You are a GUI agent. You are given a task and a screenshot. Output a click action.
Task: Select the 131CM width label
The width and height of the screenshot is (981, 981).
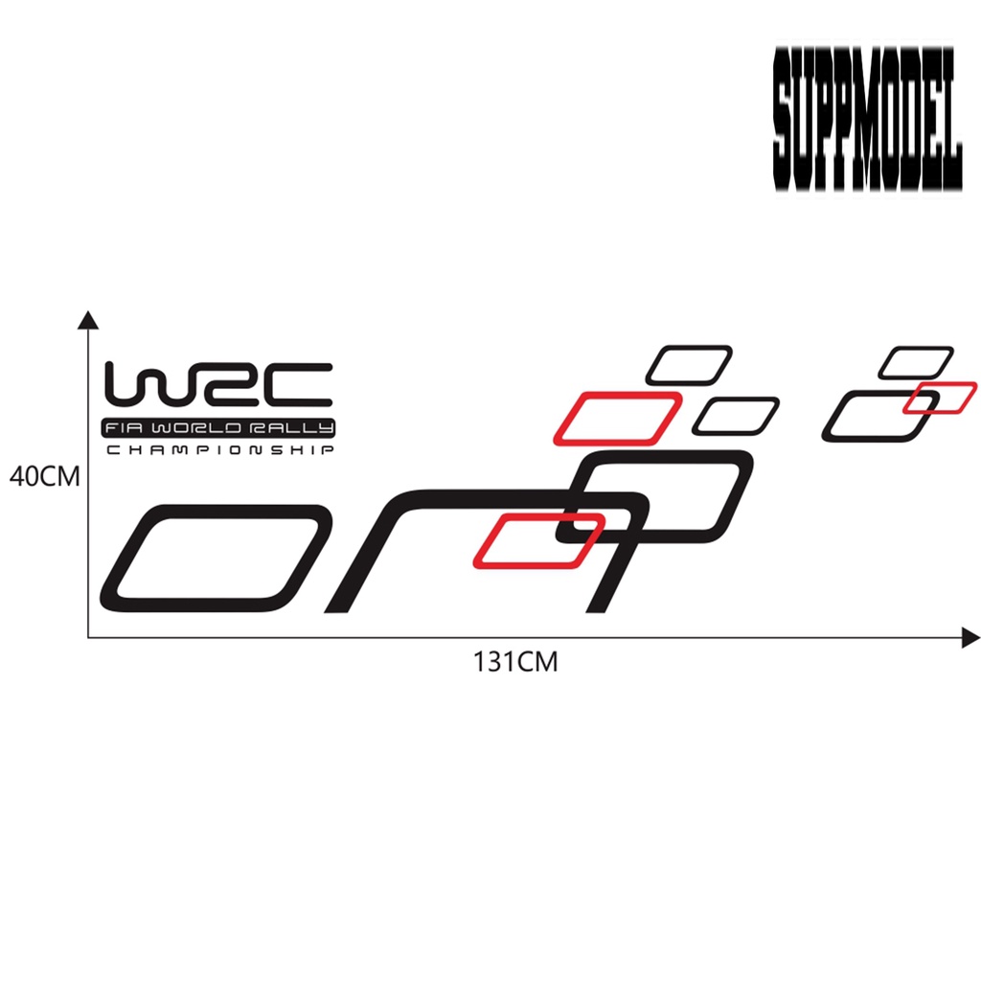[x=514, y=662]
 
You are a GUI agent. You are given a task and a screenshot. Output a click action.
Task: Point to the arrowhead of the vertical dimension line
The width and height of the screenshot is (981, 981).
[x=88, y=320]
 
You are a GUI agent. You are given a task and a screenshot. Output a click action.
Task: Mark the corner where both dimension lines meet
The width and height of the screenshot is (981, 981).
[x=88, y=638]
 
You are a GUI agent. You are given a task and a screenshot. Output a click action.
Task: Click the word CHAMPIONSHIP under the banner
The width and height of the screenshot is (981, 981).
[x=219, y=450]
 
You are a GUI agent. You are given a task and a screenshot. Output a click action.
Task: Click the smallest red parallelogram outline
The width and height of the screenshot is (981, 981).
[x=941, y=398]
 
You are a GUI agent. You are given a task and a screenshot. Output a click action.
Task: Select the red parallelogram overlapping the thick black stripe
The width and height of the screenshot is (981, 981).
[x=538, y=540]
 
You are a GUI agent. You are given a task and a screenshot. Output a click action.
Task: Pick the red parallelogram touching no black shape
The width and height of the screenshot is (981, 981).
[x=618, y=418]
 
